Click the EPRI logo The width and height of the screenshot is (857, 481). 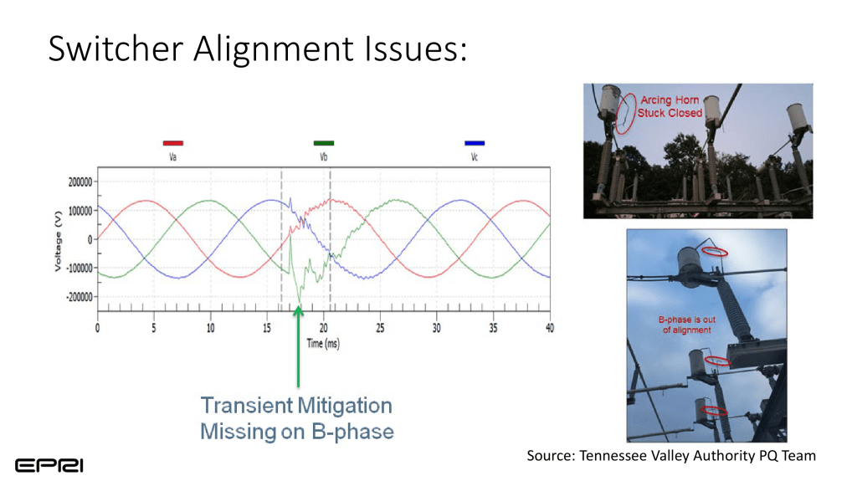coord(49,466)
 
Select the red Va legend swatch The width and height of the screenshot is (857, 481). coord(172,143)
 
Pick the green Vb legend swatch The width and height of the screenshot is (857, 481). coord(324,143)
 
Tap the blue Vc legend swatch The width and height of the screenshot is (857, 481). coord(475,143)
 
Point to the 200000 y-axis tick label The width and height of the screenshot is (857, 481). coord(80,182)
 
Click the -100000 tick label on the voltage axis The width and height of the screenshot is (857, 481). coord(80,268)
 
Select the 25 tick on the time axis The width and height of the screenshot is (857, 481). coord(380,328)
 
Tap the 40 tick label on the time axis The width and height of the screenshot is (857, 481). coord(549,328)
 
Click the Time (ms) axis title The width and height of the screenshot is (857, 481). coord(323,344)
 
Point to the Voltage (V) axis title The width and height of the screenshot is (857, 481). coord(58,241)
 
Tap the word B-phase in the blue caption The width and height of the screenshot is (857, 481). coord(352,432)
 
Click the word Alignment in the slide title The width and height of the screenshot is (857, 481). coord(274,49)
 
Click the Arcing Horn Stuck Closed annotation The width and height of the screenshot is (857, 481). coord(670,106)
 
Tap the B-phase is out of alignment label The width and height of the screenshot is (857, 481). coord(686,325)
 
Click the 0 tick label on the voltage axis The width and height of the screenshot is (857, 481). coord(90,239)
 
